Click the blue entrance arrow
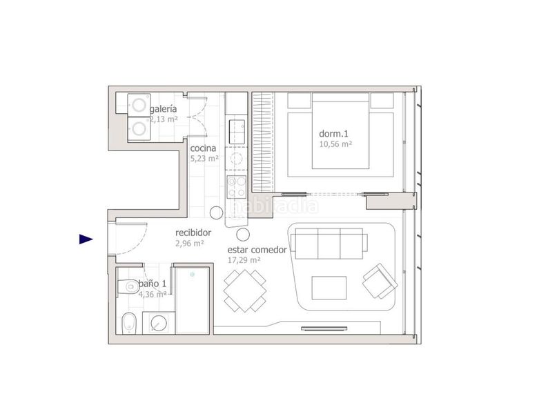[x=86, y=239]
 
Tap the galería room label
[x=163, y=109]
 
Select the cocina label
[x=203, y=148]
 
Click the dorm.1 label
[x=333, y=133]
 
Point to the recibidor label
[x=193, y=233]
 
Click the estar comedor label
[x=257, y=250]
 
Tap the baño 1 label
[x=153, y=284]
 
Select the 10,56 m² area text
[x=335, y=144]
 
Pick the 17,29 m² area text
[x=244, y=260]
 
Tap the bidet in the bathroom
[x=128, y=323]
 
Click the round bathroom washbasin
[x=159, y=323]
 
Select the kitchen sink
[x=237, y=132]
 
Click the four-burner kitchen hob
[x=237, y=186]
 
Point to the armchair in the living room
[x=380, y=282]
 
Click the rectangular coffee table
[x=329, y=288]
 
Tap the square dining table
[x=245, y=290]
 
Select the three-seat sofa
[x=329, y=244]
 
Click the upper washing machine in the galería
[x=139, y=105]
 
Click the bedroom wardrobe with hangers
[x=263, y=142]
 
